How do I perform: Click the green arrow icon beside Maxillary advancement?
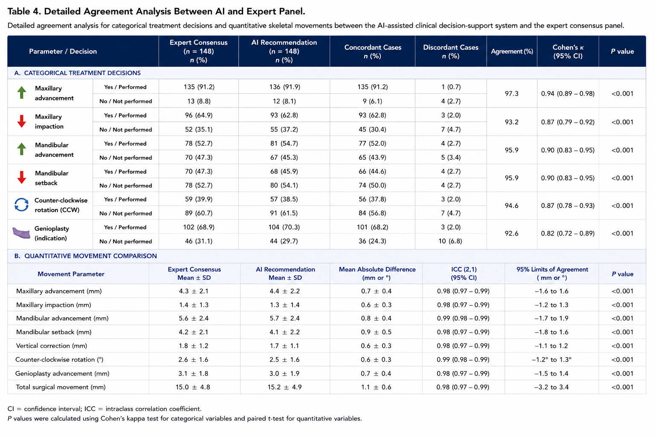point(22,92)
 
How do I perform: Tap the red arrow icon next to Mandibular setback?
point(22,177)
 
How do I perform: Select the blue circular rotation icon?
point(22,204)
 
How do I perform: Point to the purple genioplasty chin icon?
point(21,233)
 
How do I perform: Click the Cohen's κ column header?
point(568,52)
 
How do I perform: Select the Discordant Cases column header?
point(451,52)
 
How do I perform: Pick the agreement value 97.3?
point(511,94)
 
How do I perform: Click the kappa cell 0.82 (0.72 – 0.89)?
point(568,233)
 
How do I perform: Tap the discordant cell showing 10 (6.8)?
point(450,241)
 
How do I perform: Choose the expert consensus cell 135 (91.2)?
point(199,87)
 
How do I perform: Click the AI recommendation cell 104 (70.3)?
point(284,227)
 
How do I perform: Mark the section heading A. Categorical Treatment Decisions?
point(78,73)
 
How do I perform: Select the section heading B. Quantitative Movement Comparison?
point(86,256)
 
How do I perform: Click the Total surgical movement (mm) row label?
point(61,387)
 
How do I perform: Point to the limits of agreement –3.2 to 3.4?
point(551,387)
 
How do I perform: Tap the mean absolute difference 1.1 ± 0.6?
point(376,387)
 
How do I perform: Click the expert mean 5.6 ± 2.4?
point(194,318)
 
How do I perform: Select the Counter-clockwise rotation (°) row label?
point(59,360)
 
